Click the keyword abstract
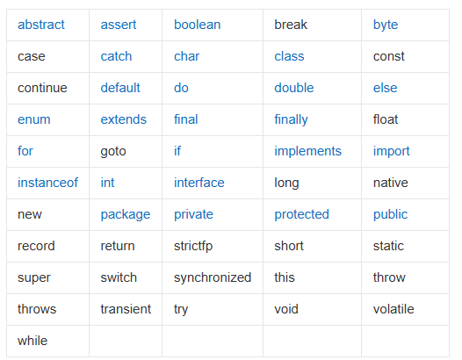(41, 25)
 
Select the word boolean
(197, 25)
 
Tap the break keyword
(291, 25)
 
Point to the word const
(388, 56)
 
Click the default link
(120, 88)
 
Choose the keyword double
(293, 88)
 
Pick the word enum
(34, 119)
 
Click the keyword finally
(291, 120)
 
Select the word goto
(113, 152)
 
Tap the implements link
(307, 151)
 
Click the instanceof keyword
(47, 183)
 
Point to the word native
(390, 183)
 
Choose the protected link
(301, 215)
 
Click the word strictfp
(193, 246)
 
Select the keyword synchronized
(213, 277)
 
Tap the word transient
(126, 309)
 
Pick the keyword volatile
(393, 309)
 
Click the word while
(32, 341)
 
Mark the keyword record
(36, 246)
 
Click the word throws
(37, 309)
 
